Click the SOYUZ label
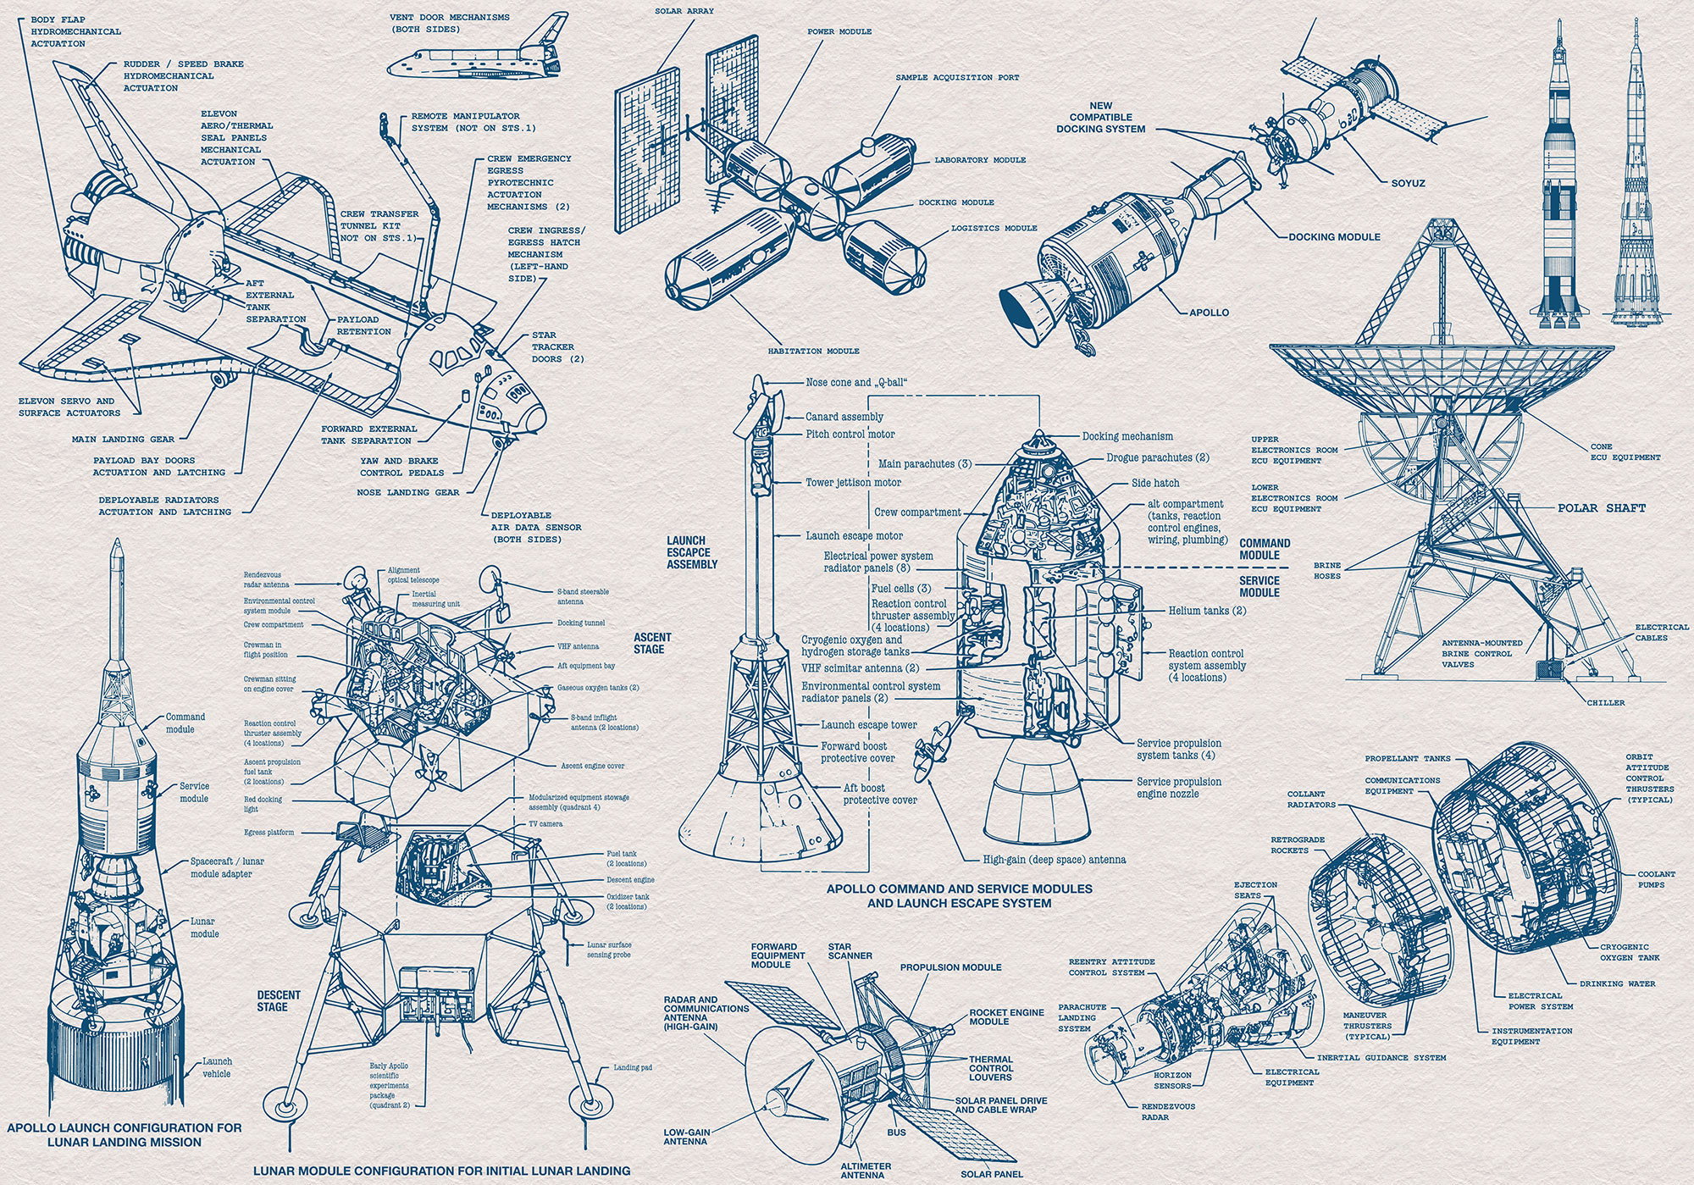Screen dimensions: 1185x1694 click(1408, 183)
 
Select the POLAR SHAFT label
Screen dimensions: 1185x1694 click(1601, 508)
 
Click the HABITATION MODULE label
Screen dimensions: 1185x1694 click(813, 351)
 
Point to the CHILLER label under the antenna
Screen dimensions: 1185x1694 click(1605, 702)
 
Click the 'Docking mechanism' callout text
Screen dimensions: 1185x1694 click(1127, 436)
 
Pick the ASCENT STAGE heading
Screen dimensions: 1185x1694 click(652, 643)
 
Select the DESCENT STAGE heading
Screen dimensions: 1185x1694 click(279, 1000)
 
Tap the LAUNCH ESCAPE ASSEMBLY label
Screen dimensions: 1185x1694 click(692, 552)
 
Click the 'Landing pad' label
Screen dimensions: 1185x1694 click(633, 1067)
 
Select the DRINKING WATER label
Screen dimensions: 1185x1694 click(1617, 983)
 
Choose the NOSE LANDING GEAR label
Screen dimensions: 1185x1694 click(407, 492)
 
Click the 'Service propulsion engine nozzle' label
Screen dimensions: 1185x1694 click(1179, 788)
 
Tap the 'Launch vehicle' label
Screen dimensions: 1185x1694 click(217, 1067)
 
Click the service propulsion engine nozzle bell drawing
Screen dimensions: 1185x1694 click(1038, 788)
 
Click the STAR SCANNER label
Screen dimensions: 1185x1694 click(850, 950)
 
